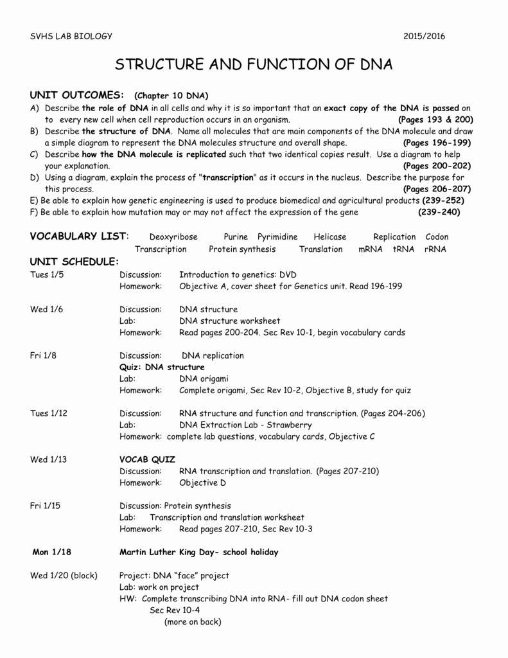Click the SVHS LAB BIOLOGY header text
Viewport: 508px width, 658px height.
click(x=71, y=36)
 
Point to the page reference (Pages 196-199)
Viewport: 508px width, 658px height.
click(x=437, y=143)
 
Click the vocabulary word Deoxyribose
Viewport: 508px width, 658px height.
click(x=173, y=236)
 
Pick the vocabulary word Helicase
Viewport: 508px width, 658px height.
click(x=329, y=236)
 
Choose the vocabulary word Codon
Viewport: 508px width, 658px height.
click(x=437, y=236)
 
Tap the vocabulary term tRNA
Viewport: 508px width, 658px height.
click(x=403, y=249)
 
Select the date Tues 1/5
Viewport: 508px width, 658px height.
click(x=47, y=274)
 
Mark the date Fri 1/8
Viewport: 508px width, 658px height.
click(x=43, y=355)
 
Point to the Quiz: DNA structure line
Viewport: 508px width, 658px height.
click(x=162, y=367)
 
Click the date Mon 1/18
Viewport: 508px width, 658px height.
click(x=49, y=552)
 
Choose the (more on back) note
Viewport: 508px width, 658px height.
click(x=193, y=621)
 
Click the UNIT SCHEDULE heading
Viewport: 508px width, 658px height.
click(x=74, y=262)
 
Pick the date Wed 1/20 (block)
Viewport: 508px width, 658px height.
click(x=64, y=575)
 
